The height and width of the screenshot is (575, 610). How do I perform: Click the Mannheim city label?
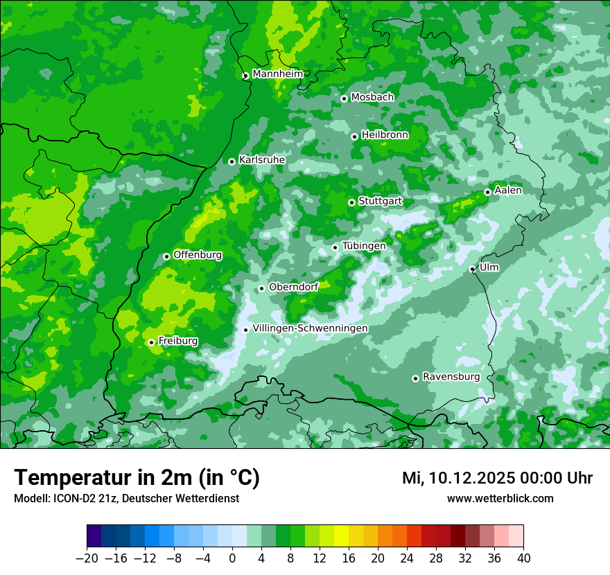tap(277, 74)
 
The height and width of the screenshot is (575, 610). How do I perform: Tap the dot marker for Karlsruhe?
tap(232, 161)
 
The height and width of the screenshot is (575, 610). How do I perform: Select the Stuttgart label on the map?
tap(380, 202)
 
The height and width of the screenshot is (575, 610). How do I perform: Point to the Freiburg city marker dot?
tap(151, 342)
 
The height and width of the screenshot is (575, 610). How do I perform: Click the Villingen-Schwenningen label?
tap(310, 328)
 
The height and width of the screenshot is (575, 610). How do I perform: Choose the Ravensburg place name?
tap(451, 377)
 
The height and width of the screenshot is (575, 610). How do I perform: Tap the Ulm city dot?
tap(473, 269)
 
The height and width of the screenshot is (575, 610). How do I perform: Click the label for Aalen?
tap(508, 191)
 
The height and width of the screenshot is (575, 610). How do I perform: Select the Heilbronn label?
tap(385, 135)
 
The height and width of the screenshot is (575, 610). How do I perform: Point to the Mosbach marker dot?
tap(344, 98)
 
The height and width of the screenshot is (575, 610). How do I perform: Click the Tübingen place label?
tap(364, 246)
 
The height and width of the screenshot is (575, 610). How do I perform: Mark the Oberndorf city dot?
tap(261, 288)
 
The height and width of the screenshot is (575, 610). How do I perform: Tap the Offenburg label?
tap(198, 255)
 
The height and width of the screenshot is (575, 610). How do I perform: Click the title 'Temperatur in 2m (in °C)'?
tap(137, 478)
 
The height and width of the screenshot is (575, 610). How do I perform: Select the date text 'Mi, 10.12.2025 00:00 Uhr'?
tap(497, 478)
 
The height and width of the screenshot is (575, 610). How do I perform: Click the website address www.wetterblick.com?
tap(500, 499)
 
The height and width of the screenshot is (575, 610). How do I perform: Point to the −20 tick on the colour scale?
tap(87, 558)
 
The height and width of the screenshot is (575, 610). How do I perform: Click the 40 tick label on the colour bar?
tap(523, 558)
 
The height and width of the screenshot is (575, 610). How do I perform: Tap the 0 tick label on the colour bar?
tap(232, 558)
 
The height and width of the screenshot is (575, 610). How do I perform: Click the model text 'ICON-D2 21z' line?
tap(126, 499)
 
